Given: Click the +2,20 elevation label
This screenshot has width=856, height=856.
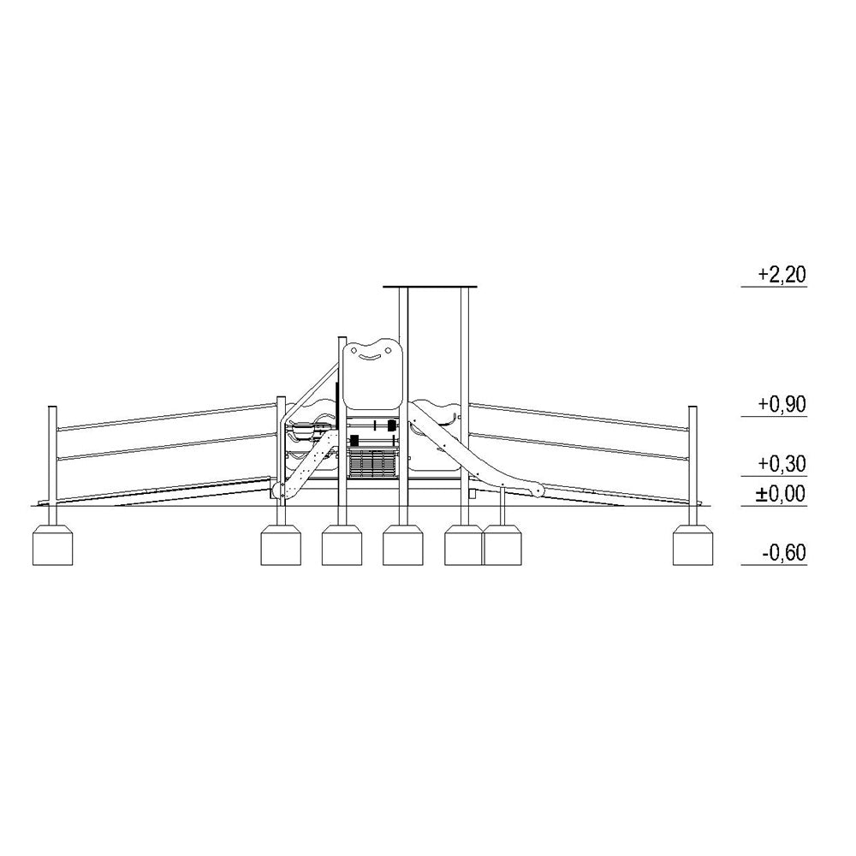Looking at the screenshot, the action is (782, 275).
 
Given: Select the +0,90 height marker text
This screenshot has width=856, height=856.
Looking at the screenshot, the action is (782, 405).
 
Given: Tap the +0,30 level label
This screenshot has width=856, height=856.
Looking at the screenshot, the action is (782, 464).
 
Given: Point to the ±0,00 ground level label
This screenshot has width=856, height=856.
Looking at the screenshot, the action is (781, 494).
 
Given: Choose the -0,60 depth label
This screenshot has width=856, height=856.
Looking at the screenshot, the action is (784, 552).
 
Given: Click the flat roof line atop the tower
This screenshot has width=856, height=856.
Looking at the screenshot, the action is (430, 287).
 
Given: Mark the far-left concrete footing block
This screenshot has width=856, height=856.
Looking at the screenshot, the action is (52, 544).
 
